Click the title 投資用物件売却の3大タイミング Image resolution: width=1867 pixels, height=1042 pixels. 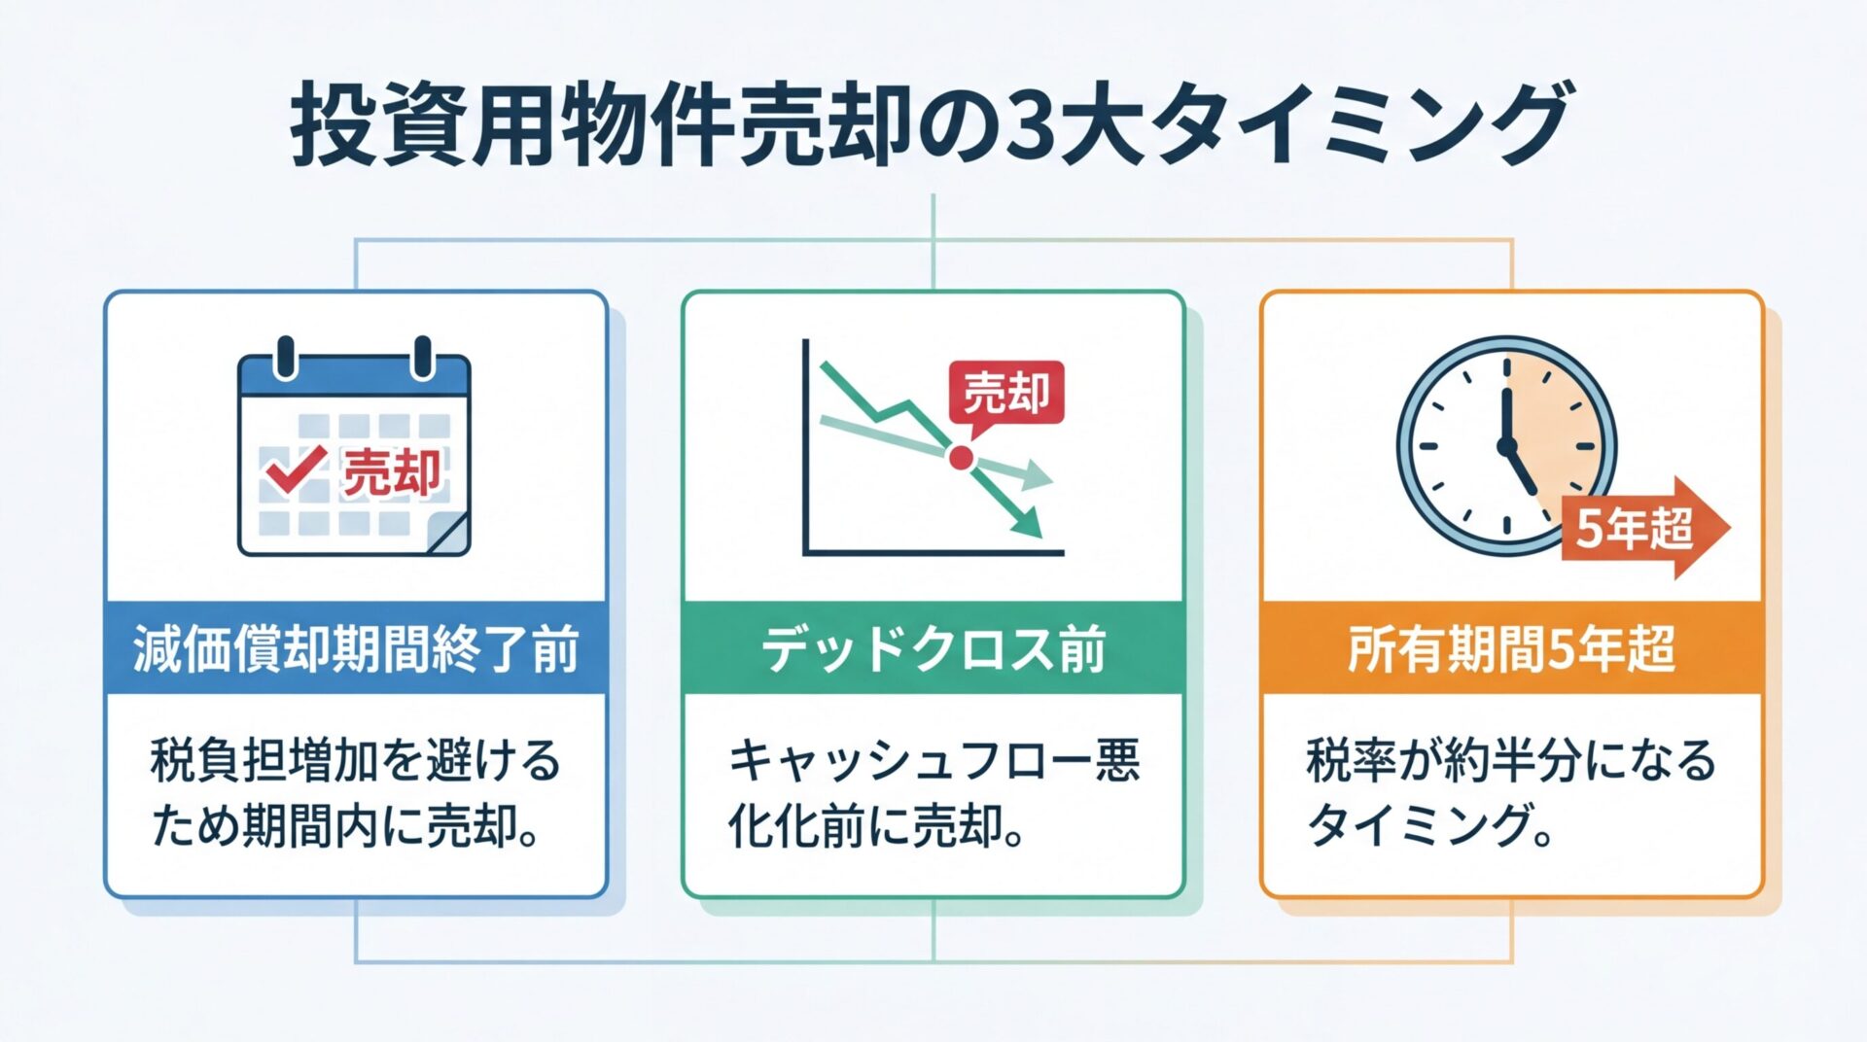coord(932,124)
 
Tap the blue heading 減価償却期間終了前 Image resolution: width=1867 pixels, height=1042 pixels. coord(356,648)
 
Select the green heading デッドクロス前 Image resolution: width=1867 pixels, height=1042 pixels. coord(933,648)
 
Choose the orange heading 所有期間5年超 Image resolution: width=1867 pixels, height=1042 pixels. coord(1511,648)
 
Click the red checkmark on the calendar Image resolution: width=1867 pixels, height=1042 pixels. coord(294,470)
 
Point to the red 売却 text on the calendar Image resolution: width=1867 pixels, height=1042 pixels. coord(392,472)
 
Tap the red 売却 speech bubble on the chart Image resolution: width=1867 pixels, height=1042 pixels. coord(1006,394)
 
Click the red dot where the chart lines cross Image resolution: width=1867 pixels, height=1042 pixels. coord(961,457)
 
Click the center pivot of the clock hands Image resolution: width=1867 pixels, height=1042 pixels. coord(1507,446)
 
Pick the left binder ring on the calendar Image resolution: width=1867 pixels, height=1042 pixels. coord(285,357)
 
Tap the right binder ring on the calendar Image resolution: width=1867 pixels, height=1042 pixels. coord(423,357)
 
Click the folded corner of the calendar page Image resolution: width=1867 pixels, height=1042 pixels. coord(448,536)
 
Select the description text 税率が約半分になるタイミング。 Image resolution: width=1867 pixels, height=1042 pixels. coord(1511,792)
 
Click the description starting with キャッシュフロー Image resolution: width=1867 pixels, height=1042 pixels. coord(933,792)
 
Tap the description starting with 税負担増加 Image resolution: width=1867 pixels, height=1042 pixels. coord(356,792)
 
